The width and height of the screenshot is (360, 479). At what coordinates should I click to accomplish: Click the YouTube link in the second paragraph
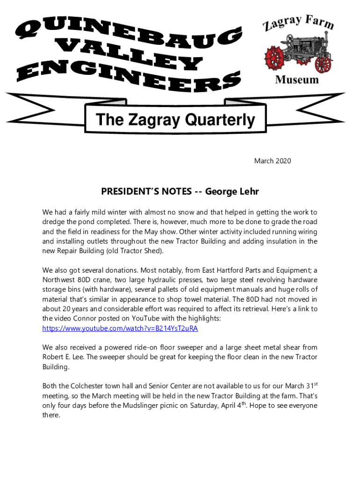click(x=120, y=328)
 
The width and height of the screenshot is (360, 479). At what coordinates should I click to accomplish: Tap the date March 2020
click(x=273, y=161)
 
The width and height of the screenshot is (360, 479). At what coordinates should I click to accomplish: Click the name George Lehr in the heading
click(x=232, y=192)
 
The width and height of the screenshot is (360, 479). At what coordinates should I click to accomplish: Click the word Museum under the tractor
click(x=297, y=80)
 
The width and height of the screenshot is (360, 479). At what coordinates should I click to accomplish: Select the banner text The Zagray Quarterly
click(x=175, y=120)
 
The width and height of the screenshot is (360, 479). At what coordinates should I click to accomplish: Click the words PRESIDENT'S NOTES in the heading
click(x=146, y=192)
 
